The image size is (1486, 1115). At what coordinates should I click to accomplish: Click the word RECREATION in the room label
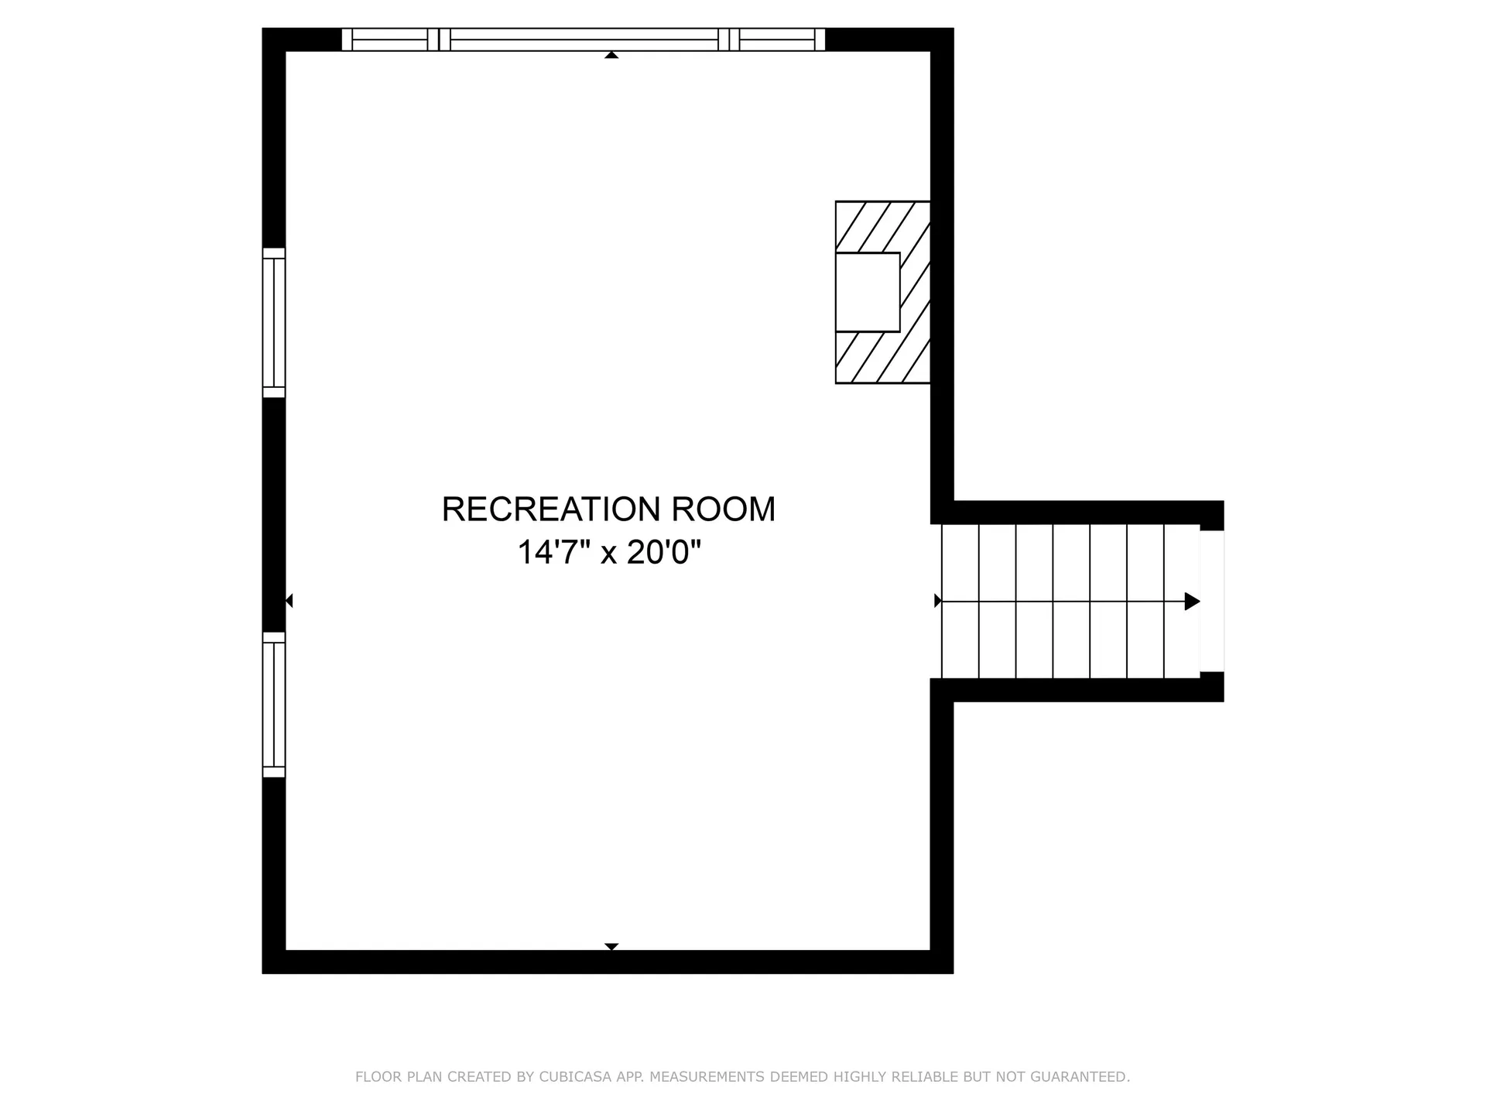(552, 509)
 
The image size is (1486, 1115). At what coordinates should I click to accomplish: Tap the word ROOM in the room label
(724, 509)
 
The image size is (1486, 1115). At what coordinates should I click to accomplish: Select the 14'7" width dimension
(554, 553)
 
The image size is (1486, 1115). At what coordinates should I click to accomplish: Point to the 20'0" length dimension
(664, 553)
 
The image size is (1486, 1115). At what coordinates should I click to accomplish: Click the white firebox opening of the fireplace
(868, 292)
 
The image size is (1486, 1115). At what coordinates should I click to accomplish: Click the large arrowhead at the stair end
(1193, 601)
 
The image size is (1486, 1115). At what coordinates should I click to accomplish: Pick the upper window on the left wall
(274, 323)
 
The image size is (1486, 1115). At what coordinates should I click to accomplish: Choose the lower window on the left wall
(274, 705)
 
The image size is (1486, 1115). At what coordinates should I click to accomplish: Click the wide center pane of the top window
(584, 39)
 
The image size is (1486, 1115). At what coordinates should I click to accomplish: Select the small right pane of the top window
(777, 39)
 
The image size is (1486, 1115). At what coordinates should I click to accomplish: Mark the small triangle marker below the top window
(611, 55)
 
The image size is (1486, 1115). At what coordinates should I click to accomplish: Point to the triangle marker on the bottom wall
(611, 946)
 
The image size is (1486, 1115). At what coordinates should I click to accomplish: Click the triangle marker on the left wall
(289, 601)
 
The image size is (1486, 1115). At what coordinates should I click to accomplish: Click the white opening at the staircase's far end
(1212, 601)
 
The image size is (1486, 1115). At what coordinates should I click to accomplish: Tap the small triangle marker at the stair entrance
(938, 601)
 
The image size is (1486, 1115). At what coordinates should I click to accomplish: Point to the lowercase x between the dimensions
(609, 555)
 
